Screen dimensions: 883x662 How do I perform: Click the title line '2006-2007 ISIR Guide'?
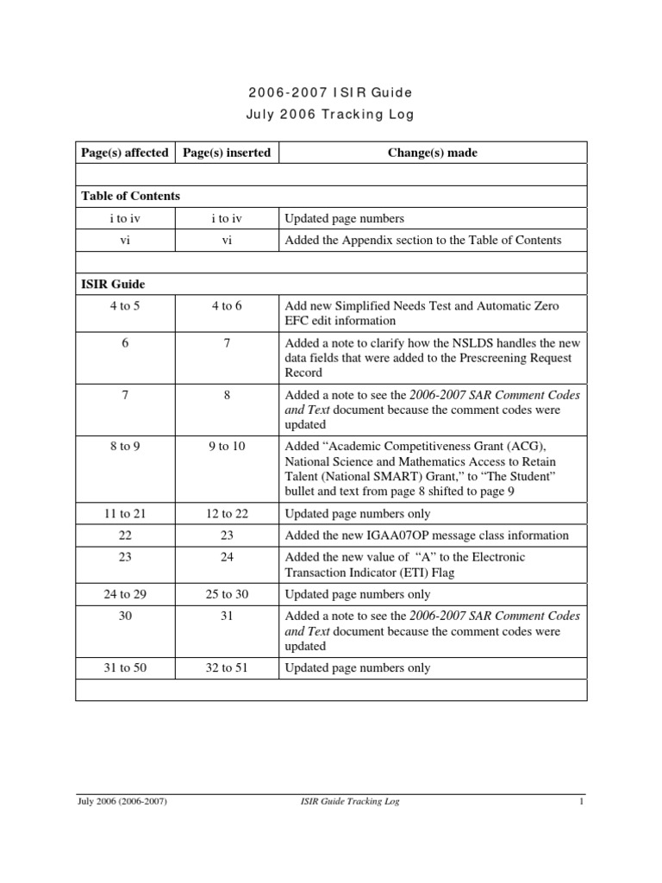coord(331,92)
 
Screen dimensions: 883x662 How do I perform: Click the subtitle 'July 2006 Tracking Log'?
coord(331,115)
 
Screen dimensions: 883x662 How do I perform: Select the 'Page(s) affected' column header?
coord(125,153)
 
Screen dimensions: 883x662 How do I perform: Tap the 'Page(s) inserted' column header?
coord(227,153)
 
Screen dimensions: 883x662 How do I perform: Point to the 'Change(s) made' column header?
coord(432,153)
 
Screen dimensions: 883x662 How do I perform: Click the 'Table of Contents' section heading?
coord(130,196)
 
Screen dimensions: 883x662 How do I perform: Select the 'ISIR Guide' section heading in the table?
coord(112,283)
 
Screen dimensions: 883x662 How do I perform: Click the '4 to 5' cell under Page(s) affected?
coord(125,305)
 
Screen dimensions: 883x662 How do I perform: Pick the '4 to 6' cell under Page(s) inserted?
coord(227,305)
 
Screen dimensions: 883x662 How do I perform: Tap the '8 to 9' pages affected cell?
coord(125,446)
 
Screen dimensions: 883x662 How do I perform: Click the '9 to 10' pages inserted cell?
coord(227,446)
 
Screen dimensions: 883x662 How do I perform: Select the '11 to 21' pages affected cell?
coord(125,513)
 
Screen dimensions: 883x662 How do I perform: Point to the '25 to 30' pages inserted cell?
coord(227,594)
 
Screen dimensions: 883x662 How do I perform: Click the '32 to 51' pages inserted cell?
coord(227,668)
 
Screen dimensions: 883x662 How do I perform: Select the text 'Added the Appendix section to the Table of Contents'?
coord(422,240)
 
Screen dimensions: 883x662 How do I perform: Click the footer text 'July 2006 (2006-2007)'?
coord(121,801)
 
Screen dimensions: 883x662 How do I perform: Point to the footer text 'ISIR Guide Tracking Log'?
coord(343,801)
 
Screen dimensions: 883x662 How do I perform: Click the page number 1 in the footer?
coord(582,801)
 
